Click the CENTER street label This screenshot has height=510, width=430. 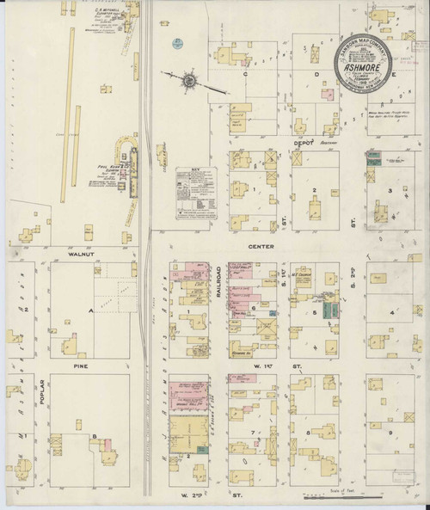pyautogui.click(x=261, y=248)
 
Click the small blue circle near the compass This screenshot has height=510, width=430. pyautogui.click(x=176, y=40)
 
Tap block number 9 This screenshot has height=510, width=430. pyautogui.click(x=391, y=431)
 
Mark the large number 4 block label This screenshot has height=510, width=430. pyautogui.click(x=391, y=313)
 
